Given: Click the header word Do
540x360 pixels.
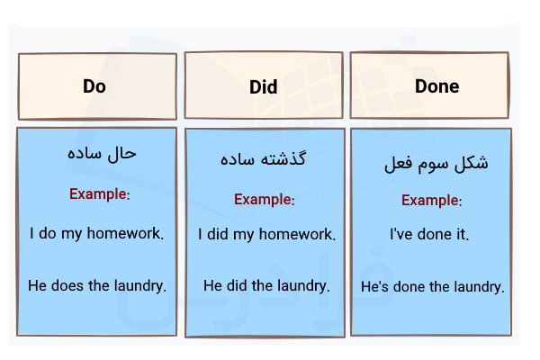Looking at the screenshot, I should pyautogui.click(x=94, y=86).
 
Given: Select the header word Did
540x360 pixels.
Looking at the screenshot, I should pyautogui.click(x=264, y=87).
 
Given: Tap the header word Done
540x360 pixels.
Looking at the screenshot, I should pyautogui.click(x=436, y=86).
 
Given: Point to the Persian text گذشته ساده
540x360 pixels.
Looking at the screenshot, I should pyautogui.click(x=263, y=159).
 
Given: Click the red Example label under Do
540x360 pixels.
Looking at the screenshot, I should pyautogui.click(x=100, y=193).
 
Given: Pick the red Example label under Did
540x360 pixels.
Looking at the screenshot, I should pyautogui.click(x=264, y=199).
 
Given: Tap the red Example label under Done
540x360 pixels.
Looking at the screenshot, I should pyautogui.click(x=432, y=200).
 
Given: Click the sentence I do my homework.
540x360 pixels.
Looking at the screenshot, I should pyautogui.click(x=96, y=234).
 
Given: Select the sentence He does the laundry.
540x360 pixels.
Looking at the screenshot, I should pyautogui.click(x=97, y=286).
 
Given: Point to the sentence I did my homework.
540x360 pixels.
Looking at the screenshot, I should pyautogui.click(x=266, y=235).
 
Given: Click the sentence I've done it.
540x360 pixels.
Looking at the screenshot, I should pyautogui.click(x=429, y=235).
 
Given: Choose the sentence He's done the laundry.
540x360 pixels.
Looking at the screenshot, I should pyautogui.click(x=433, y=288).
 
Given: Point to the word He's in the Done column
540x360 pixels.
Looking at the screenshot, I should pyautogui.click(x=376, y=288).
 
